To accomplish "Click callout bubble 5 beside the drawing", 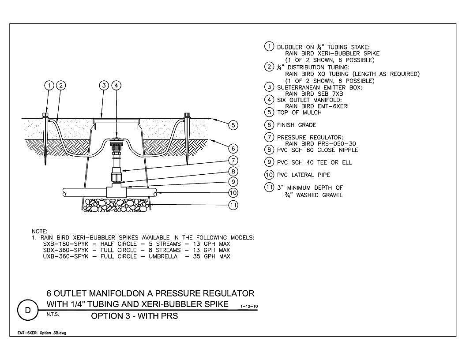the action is tap(233, 125).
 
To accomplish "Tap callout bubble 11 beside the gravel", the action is tap(233, 205).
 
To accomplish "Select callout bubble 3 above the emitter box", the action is tap(104, 86).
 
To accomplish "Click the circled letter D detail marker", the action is tap(28, 310).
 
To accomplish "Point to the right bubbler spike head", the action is tap(187, 115).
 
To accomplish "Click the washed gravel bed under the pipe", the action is tap(116, 205).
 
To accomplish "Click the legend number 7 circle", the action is tap(269, 137).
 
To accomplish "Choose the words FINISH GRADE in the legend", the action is tap(296, 125).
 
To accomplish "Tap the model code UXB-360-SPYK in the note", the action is tap(66, 256).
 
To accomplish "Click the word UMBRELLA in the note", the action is tap(163, 256).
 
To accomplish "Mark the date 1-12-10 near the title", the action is tap(249, 306).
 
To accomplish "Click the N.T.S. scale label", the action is tap(53, 314).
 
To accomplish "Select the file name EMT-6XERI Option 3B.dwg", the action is tap(41, 333).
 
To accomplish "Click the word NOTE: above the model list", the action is tap(40, 231).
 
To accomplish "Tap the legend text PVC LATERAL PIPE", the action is tap(304, 175).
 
